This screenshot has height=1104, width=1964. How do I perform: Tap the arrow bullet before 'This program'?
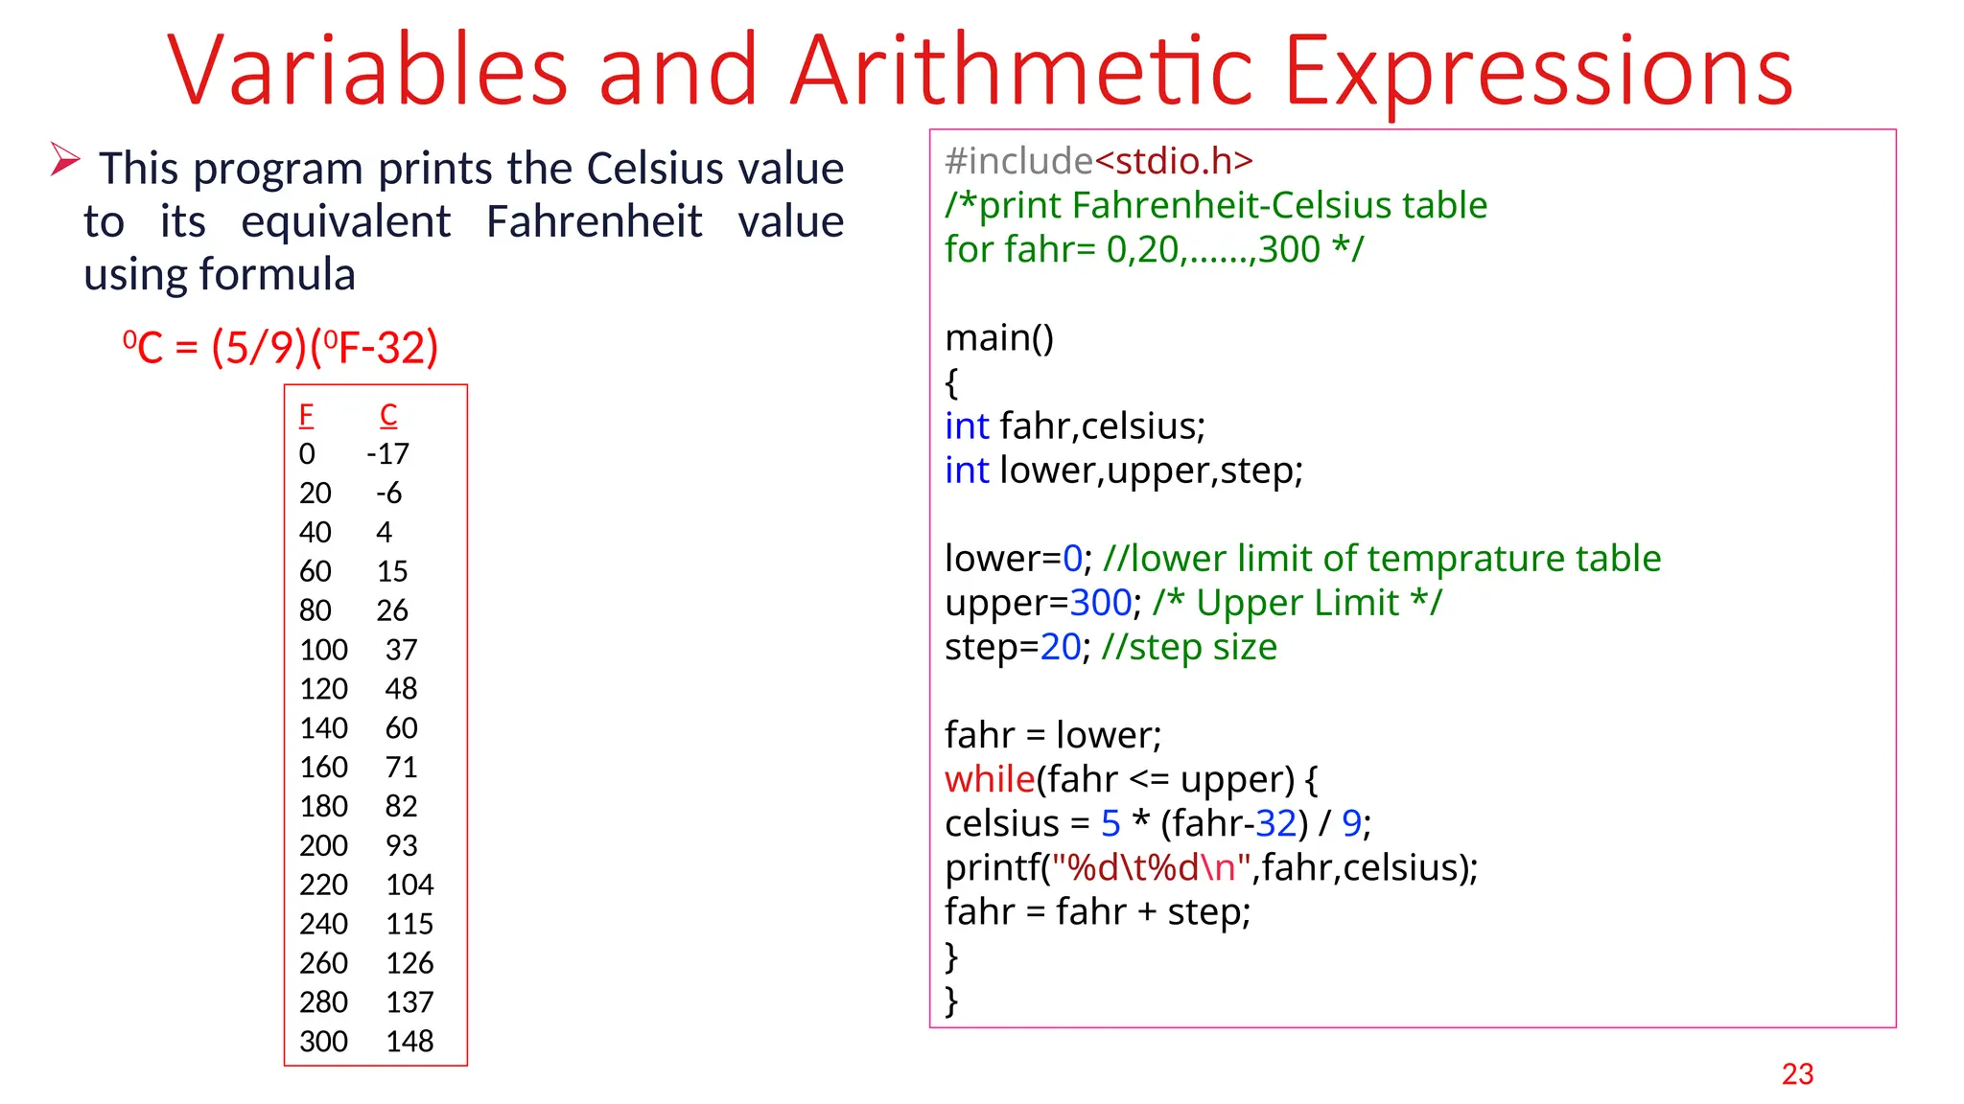click(64, 159)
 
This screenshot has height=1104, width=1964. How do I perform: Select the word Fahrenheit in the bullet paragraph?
click(594, 221)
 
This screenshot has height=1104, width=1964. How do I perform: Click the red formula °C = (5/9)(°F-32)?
click(280, 347)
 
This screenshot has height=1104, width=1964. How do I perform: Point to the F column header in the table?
click(306, 415)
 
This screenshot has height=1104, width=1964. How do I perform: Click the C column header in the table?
click(388, 415)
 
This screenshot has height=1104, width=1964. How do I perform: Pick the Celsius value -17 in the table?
click(387, 453)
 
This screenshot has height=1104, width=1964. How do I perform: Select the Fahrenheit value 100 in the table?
click(323, 650)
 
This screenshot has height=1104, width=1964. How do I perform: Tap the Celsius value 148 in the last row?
click(409, 1041)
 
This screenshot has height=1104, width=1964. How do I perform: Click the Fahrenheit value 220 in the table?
click(323, 885)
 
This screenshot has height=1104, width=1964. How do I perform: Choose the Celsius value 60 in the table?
click(401, 728)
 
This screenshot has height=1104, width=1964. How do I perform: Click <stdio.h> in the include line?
click(1174, 161)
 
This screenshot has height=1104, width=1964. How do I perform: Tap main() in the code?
click(998, 337)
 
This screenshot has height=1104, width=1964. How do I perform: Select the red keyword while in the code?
click(990, 779)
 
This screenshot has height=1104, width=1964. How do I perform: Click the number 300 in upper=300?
click(1101, 603)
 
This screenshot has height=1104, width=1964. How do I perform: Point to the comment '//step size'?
click(1189, 647)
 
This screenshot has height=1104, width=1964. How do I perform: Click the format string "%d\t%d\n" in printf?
click(1151, 867)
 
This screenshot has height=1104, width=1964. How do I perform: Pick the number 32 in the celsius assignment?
click(1276, 823)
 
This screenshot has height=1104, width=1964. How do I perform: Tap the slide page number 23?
click(1797, 1074)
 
